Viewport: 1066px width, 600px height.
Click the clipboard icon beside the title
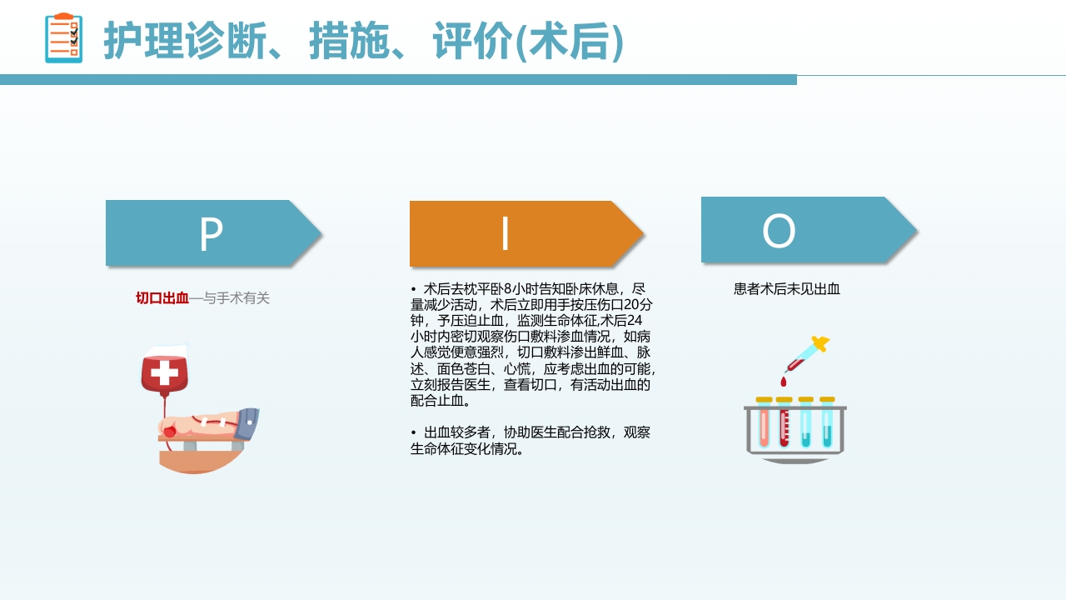pos(64,38)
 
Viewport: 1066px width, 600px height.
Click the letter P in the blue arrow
pos(211,235)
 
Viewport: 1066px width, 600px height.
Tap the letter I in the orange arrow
pos(505,235)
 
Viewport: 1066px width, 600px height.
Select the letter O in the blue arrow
pos(779,232)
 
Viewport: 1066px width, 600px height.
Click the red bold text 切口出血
pos(162,298)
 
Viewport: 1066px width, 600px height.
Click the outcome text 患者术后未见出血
pos(786,289)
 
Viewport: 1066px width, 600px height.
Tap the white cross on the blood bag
pos(164,372)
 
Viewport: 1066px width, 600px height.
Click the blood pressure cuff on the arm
pos(247,423)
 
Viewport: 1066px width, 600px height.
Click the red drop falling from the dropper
pos(783,382)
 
